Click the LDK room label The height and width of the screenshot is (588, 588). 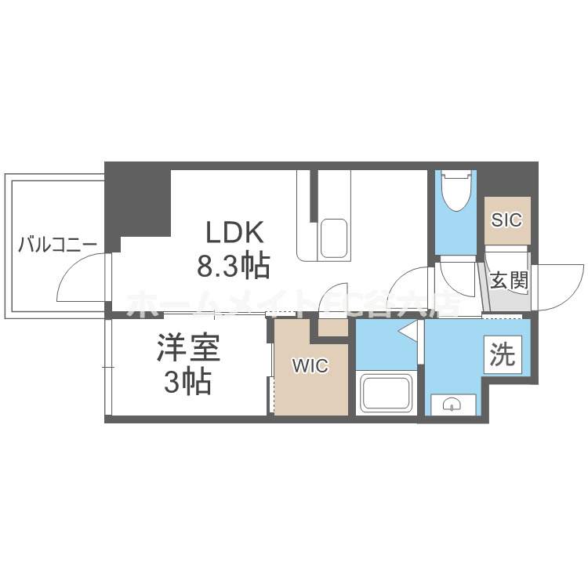(237, 233)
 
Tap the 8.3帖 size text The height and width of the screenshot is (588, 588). (233, 267)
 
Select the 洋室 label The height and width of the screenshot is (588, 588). (188, 348)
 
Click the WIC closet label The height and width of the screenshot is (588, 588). (310, 366)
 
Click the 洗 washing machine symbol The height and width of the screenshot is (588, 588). (503, 355)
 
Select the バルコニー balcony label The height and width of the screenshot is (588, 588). (57, 244)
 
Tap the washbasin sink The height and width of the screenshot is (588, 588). (453, 404)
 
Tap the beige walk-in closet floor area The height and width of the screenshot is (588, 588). (310, 384)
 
